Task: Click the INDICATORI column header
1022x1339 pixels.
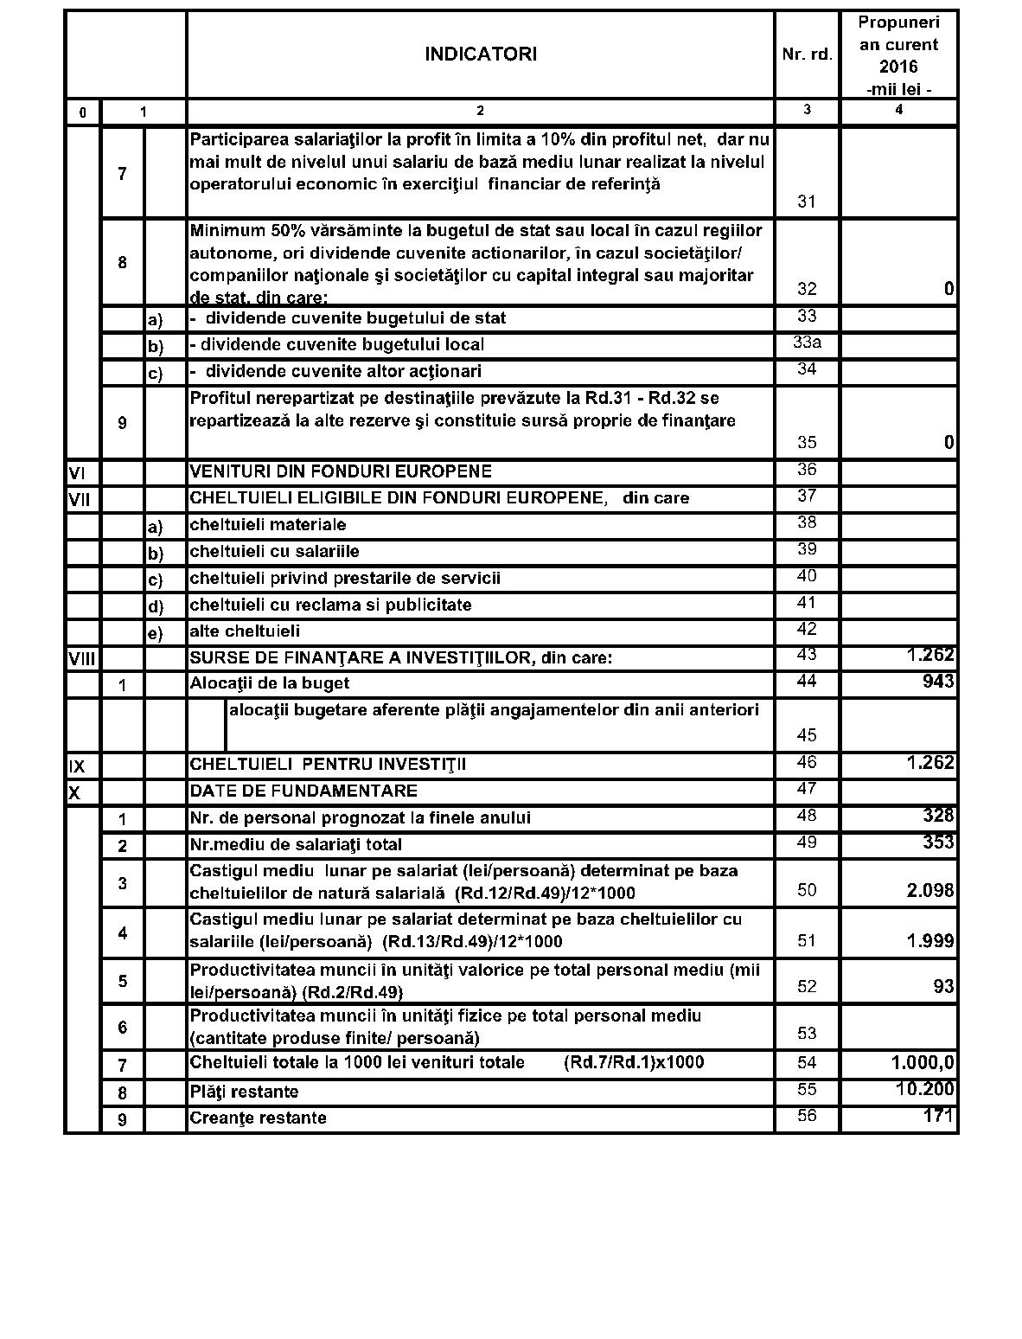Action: (x=480, y=54)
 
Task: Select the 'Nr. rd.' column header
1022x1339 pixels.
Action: (x=807, y=54)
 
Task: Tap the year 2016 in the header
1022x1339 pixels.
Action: (x=898, y=67)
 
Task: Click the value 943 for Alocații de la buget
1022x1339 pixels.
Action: (x=938, y=682)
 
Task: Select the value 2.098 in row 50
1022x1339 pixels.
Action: (x=930, y=891)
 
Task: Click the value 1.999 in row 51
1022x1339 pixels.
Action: (x=930, y=941)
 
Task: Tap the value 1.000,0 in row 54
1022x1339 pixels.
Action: (x=923, y=1062)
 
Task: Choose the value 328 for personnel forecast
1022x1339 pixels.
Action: (x=938, y=816)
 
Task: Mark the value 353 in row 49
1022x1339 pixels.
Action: (x=938, y=842)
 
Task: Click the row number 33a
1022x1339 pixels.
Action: (x=807, y=343)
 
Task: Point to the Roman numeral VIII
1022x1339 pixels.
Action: (x=82, y=658)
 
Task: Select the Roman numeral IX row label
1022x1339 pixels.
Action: (x=76, y=766)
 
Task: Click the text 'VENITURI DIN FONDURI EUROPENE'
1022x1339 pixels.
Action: (x=341, y=471)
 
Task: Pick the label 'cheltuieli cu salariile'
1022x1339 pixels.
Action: (x=274, y=551)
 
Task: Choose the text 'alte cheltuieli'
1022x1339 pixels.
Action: (x=245, y=631)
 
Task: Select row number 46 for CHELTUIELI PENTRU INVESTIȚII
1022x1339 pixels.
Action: (x=807, y=763)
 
